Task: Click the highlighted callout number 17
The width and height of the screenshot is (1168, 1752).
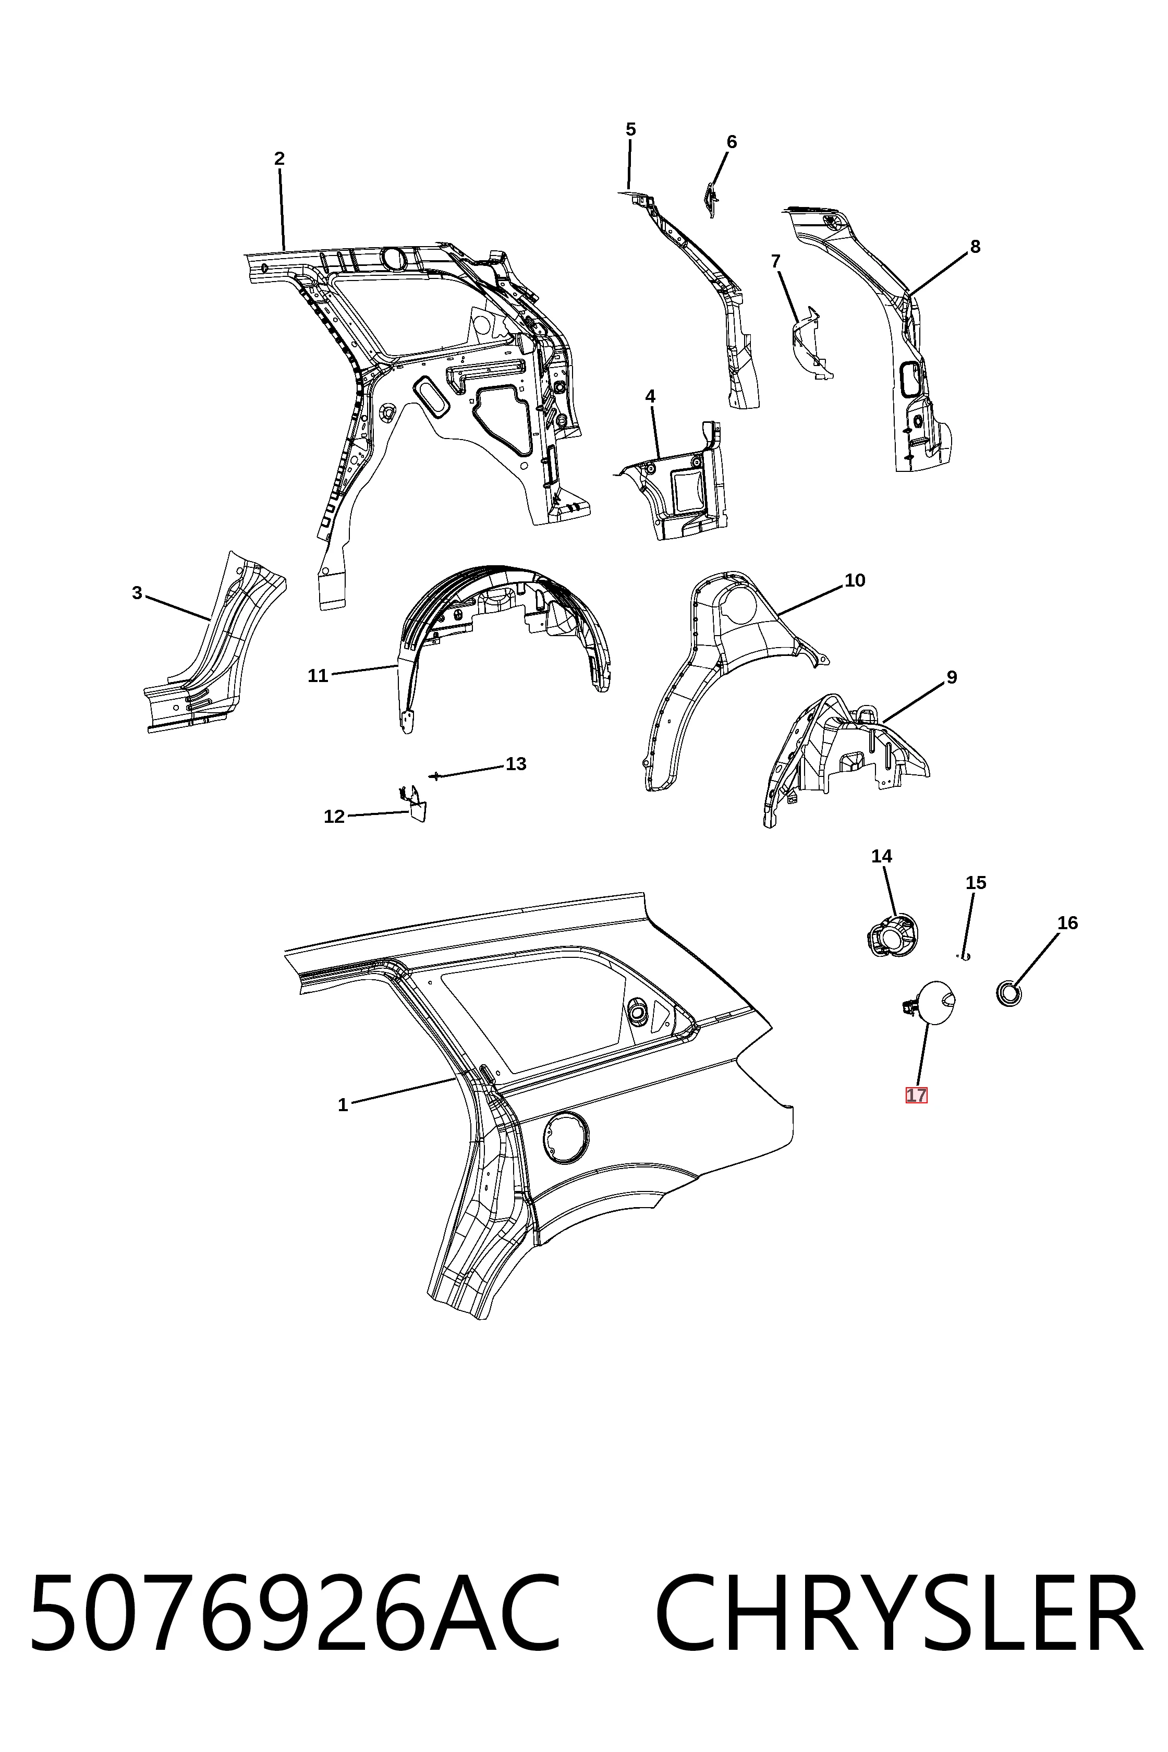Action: click(916, 1096)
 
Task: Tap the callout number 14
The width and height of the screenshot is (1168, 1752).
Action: click(881, 857)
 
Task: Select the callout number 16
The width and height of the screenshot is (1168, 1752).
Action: click(1067, 923)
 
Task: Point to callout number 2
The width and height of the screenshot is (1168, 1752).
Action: click(279, 159)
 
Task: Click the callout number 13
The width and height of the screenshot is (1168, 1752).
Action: click(516, 764)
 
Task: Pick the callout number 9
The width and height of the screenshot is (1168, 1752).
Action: click(951, 678)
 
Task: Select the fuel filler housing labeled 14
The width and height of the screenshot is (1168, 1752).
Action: click(892, 935)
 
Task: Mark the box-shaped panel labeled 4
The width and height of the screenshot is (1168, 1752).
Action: click(674, 484)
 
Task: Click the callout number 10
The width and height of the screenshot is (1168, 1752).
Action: click(855, 580)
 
